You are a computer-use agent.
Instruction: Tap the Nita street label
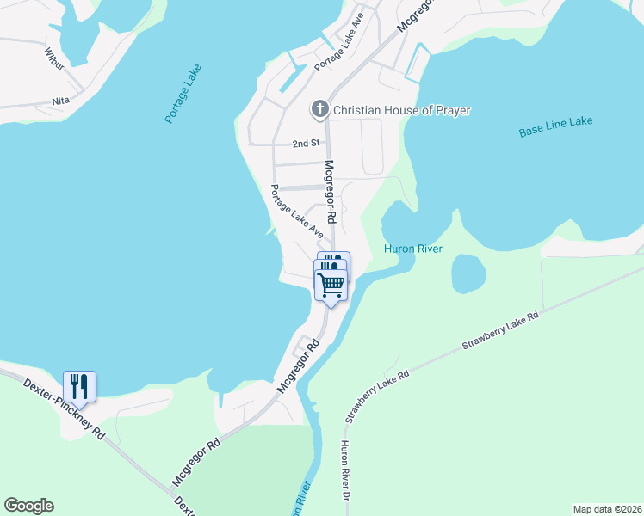[x=60, y=101]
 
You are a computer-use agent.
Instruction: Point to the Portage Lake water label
[x=182, y=94]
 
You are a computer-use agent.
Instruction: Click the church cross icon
[x=319, y=109]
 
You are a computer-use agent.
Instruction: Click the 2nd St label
[x=306, y=143]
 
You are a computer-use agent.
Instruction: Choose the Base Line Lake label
[x=555, y=128]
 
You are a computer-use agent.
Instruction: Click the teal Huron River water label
[x=412, y=249]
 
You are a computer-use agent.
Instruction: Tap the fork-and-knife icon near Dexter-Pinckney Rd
[x=79, y=386]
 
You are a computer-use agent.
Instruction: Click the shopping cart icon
[x=331, y=284]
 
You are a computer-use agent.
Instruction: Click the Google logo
[x=28, y=506]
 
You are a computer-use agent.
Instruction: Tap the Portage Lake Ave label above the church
[x=340, y=42]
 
